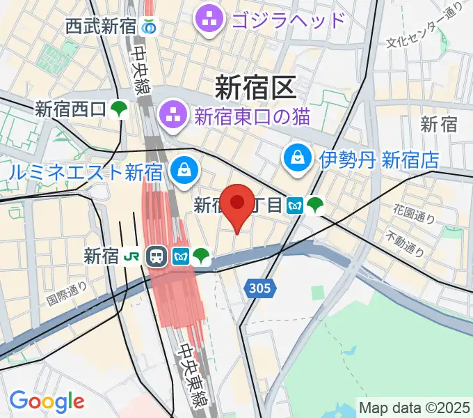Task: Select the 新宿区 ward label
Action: coord(255,88)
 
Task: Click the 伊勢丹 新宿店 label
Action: coord(379,160)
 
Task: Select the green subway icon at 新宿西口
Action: coord(120,109)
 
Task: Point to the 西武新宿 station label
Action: coord(101,27)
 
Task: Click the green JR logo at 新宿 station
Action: coord(130,256)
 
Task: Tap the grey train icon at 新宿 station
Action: coord(156,256)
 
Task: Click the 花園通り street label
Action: coord(414,213)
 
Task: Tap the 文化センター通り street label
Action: coord(425,31)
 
